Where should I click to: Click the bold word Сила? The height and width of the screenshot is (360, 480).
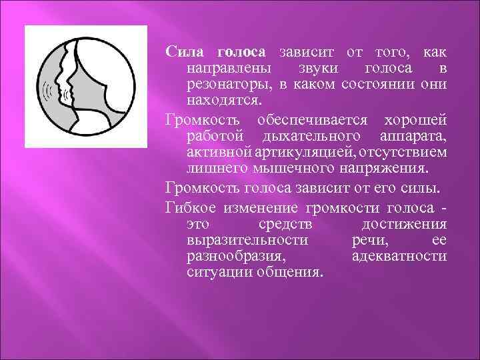click(x=185, y=52)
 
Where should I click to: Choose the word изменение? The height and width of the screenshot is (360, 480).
click(x=246, y=206)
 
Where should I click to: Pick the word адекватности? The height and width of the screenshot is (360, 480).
click(x=399, y=255)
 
